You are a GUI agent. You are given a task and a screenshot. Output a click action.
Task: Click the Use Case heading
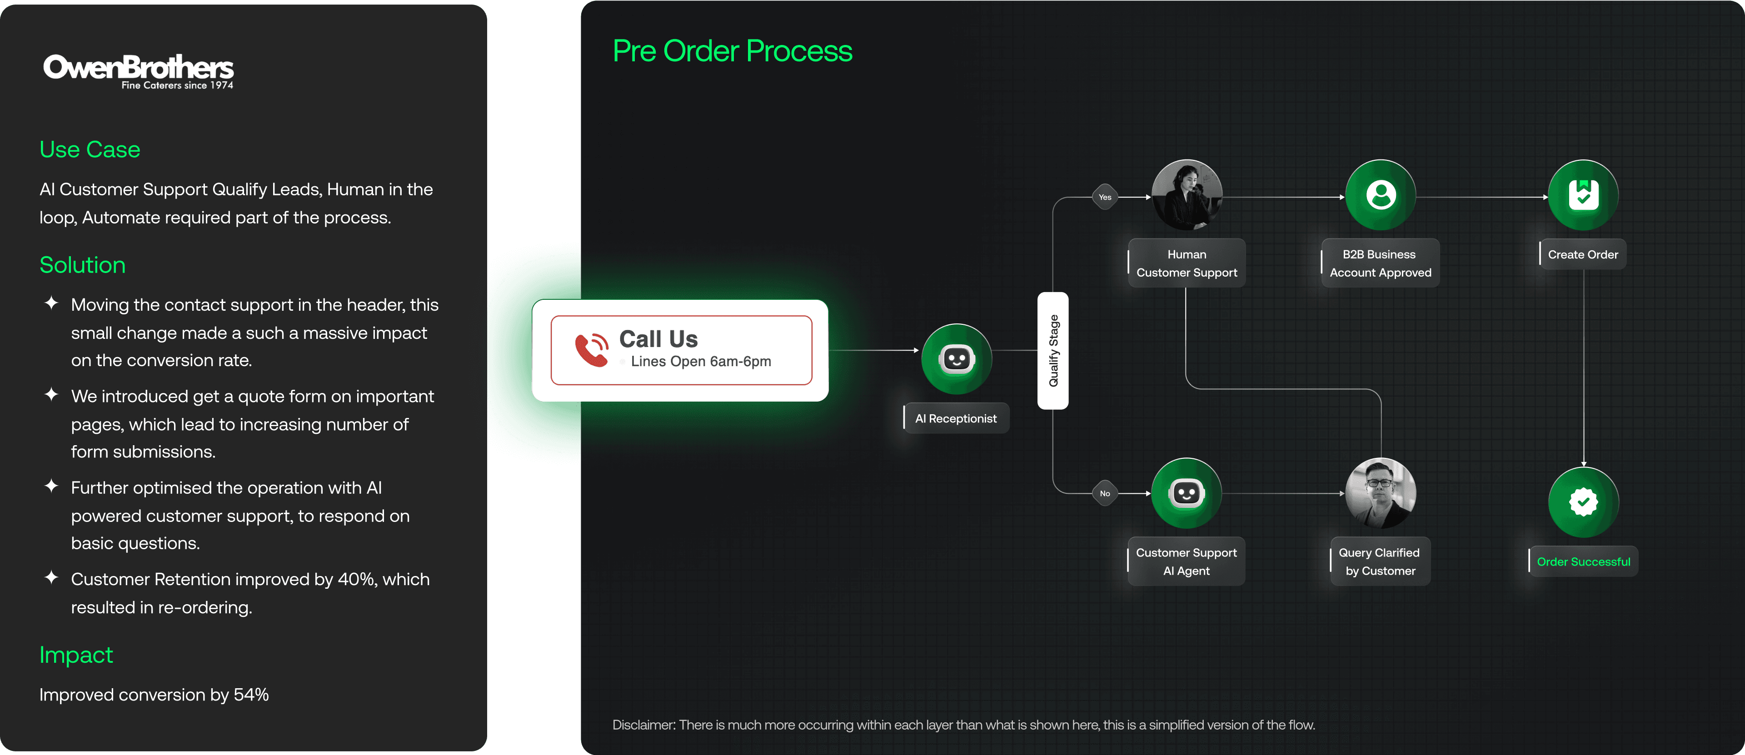pos(90,149)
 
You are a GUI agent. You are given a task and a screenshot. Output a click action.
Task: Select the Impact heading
pos(76,655)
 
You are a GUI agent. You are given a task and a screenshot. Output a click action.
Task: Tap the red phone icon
pos(591,349)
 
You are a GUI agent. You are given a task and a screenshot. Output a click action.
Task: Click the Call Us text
pos(658,338)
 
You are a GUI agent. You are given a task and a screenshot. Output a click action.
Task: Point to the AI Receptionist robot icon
pos(957,359)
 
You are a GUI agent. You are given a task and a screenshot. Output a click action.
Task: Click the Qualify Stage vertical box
pos(1053,350)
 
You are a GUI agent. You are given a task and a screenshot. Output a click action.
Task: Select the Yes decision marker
pos(1105,197)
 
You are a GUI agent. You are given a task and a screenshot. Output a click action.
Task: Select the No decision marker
pos(1105,494)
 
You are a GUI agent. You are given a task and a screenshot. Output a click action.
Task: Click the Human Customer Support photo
pos(1187,195)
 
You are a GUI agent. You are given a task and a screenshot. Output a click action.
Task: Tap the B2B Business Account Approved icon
pos(1381,195)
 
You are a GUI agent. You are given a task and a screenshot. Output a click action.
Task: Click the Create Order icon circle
pos(1583,195)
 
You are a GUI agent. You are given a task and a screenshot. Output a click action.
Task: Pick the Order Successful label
pos(1583,561)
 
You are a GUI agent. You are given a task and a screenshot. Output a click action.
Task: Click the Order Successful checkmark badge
pos(1583,502)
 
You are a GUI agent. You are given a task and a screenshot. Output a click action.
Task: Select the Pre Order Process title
pos(732,51)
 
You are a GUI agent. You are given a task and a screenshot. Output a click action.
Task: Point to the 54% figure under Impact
pos(251,695)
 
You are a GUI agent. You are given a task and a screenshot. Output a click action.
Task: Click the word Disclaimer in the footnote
pos(643,725)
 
